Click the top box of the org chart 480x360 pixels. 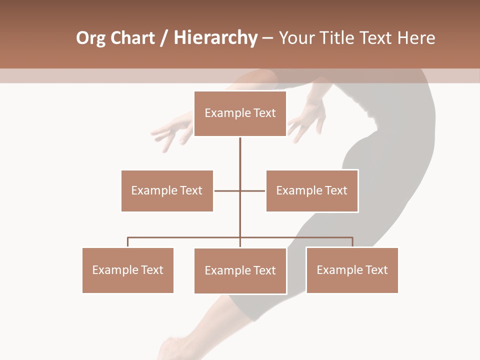240,113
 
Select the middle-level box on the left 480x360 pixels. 167,190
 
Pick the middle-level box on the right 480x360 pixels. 312,190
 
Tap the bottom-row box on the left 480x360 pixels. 128,270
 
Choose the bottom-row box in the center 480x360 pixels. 240,270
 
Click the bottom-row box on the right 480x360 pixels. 352,270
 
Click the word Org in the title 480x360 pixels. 90,38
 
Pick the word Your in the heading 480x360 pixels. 297,38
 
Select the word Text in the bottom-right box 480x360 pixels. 376,270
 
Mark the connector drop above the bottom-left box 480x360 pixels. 128,242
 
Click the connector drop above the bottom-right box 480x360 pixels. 352,242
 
